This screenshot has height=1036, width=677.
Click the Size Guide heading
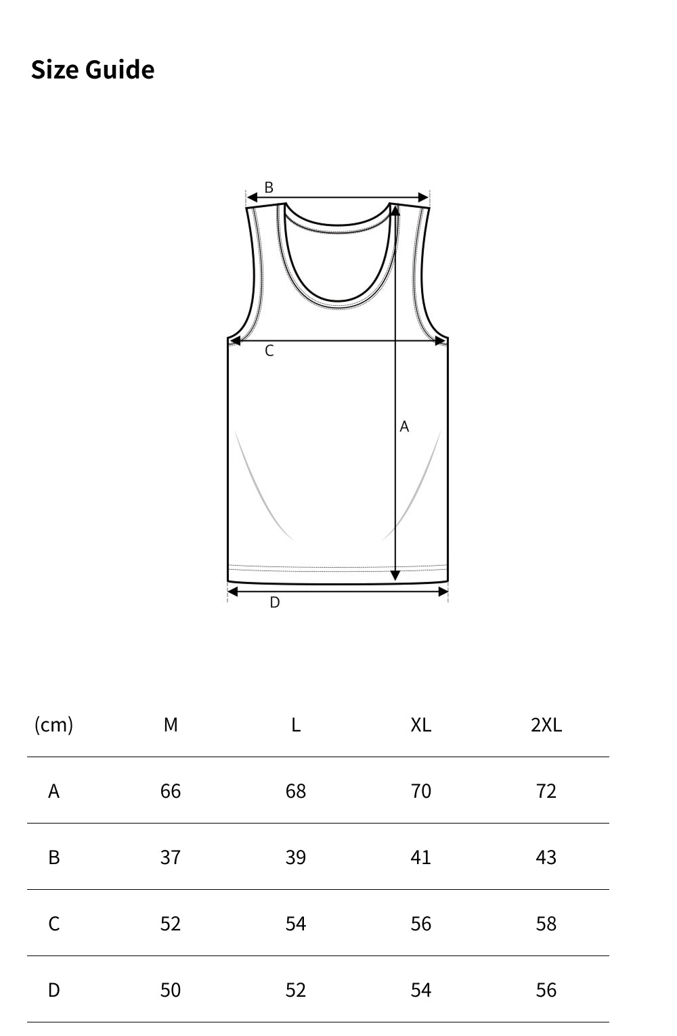(93, 70)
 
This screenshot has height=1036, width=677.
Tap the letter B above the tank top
(269, 187)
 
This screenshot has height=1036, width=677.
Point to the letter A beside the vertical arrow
(404, 426)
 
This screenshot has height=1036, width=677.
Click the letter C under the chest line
(269, 351)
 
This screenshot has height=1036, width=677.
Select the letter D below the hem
(274, 602)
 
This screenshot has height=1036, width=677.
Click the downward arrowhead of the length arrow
(395, 576)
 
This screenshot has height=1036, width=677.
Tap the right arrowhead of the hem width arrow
(443, 592)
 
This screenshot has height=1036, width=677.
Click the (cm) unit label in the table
(53, 725)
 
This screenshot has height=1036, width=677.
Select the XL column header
(420, 725)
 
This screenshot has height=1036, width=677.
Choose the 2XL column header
(546, 725)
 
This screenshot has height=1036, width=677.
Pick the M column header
(171, 725)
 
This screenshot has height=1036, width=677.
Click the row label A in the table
(53, 791)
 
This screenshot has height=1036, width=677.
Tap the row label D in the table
(53, 990)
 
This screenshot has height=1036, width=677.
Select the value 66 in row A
(171, 791)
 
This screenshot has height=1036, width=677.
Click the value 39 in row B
(296, 857)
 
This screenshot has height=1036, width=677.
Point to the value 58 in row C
(546, 924)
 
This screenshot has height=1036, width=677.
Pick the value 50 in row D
(171, 990)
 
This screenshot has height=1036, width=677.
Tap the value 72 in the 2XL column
(546, 791)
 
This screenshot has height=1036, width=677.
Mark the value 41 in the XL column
(420, 857)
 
